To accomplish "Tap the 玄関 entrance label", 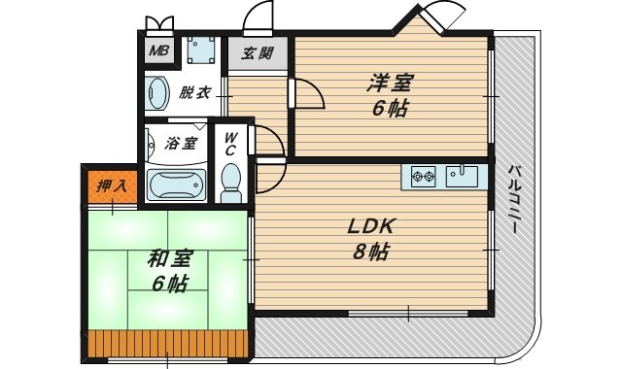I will click(258, 53).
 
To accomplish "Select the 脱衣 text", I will click(194, 93).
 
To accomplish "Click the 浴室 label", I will click(182, 143).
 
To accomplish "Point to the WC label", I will click(231, 144).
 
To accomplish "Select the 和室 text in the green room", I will click(170, 258).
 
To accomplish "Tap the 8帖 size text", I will click(370, 252).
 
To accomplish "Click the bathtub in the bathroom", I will click(178, 184).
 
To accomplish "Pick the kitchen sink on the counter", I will click(464, 177).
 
